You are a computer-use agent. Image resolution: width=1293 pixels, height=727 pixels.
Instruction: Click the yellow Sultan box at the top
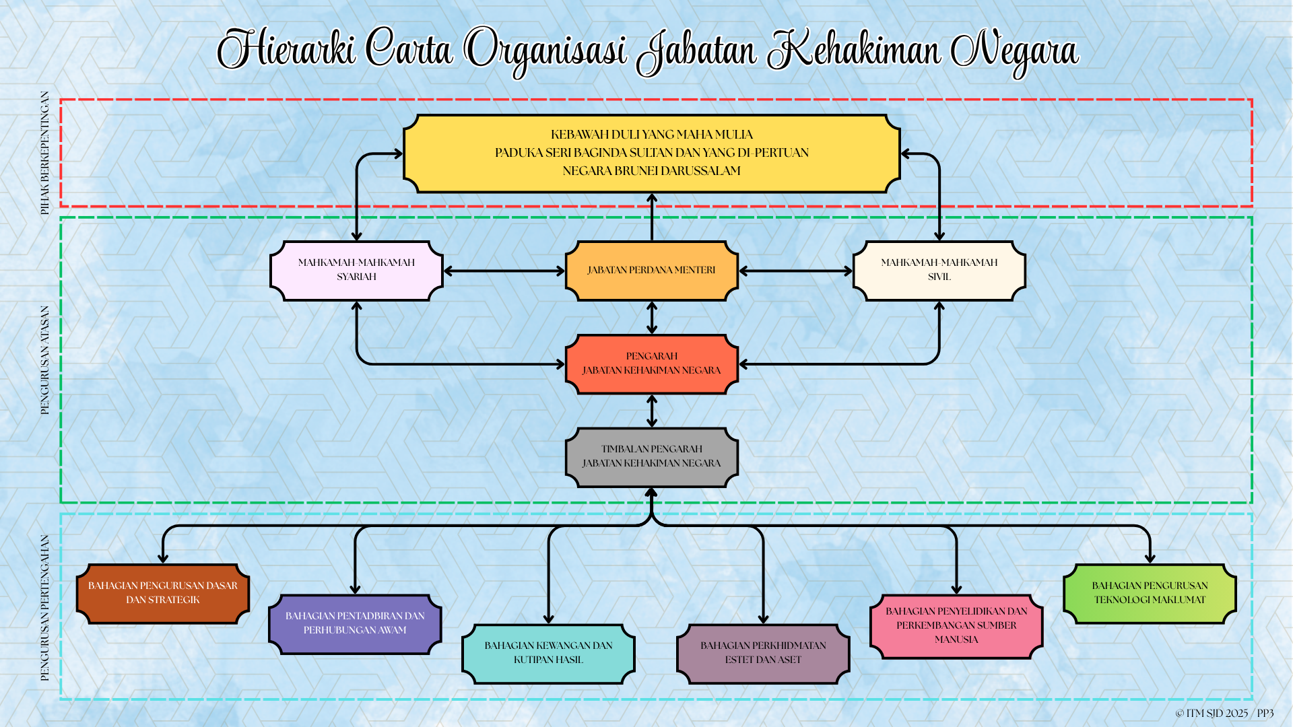tap(652, 153)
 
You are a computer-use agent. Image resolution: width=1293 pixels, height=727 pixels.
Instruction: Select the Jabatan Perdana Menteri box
tap(652, 271)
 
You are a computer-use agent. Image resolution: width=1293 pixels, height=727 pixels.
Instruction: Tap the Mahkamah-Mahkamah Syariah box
tap(356, 271)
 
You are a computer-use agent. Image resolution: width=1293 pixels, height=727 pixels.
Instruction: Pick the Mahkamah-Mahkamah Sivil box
tap(939, 271)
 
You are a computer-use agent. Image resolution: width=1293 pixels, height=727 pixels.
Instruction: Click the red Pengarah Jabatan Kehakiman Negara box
tap(652, 364)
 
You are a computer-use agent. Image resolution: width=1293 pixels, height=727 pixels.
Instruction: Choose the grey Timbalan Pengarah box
tap(652, 457)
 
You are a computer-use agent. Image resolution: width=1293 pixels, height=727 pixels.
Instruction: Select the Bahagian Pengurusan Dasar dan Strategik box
tap(163, 594)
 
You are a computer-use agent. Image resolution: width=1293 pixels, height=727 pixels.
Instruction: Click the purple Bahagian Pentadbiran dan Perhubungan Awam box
tap(355, 624)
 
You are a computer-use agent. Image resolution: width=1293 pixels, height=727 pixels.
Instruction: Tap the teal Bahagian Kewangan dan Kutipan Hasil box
tap(548, 654)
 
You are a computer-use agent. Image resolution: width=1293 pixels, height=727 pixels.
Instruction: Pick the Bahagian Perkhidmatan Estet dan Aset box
tap(763, 654)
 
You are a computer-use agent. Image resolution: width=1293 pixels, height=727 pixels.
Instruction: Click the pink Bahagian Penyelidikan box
tap(956, 626)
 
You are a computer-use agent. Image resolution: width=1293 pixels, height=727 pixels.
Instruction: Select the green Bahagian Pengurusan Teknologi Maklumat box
tap(1150, 594)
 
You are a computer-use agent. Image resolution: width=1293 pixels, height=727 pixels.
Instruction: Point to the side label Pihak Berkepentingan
tap(45, 153)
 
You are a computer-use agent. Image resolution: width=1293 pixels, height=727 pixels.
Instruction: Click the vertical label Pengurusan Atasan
tap(45, 360)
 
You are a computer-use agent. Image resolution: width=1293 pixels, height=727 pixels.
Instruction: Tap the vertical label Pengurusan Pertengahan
tap(45, 608)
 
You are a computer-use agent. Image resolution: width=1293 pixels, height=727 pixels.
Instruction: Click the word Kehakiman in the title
tap(855, 50)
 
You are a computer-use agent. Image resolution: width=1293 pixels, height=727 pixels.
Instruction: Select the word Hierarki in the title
tap(286, 48)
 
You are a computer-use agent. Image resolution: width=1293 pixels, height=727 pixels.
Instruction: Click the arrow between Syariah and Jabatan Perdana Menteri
tap(504, 271)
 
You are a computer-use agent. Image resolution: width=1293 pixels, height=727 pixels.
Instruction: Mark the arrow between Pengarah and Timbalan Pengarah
tap(652, 411)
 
